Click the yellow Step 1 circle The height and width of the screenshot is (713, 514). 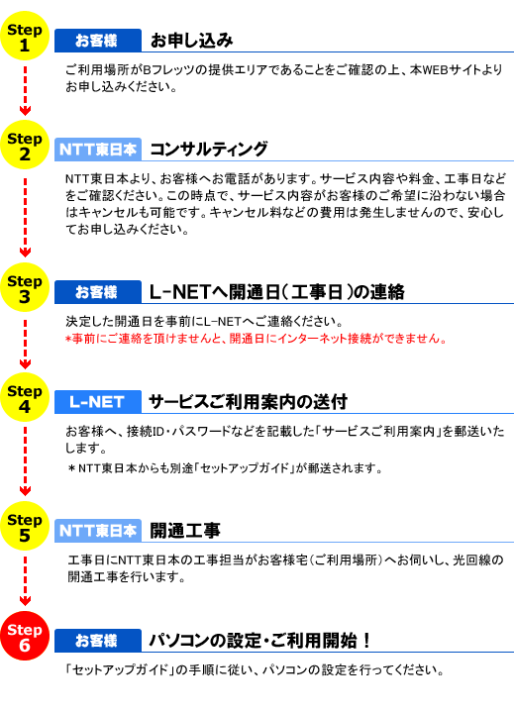pos(25,36)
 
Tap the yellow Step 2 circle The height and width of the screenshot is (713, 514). pos(25,145)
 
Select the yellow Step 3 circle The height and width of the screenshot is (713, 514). pos(25,287)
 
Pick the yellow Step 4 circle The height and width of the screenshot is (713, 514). pos(25,397)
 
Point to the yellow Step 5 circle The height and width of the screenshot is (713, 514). pos(25,526)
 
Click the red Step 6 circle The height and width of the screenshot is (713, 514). pos(25,636)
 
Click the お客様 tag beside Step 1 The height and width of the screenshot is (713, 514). pos(98,41)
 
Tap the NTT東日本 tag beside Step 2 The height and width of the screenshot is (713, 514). pos(98,150)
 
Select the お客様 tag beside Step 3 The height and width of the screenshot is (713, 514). pos(98,292)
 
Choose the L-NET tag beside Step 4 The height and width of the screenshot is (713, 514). pos(98,402)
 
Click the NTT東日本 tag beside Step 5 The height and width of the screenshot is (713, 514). pos(98,531)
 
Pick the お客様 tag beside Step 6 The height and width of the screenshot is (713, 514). pos(98,641)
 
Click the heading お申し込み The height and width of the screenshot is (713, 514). pos(191,41)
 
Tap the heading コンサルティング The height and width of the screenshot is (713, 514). pos(209,150)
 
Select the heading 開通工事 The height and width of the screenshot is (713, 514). pos(185,531)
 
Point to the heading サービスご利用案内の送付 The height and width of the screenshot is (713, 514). pos(249,402)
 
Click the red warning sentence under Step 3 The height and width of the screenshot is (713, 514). pos(257,339)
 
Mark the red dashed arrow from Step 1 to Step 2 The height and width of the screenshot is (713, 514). pos(25,91)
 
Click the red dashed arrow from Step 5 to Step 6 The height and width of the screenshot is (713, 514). pos(25,581)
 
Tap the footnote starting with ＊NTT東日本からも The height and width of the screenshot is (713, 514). pos(226,467)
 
